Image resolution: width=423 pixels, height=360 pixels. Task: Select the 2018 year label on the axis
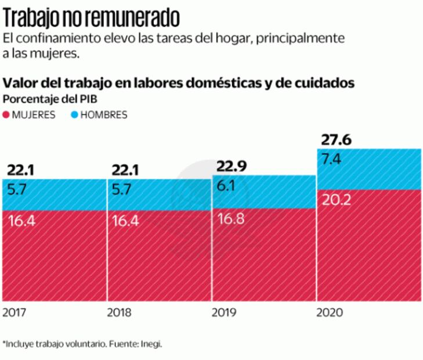click(119, 312)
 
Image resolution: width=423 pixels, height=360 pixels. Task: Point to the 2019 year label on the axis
click(224, 312)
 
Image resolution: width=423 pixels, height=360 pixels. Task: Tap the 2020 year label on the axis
click(329, 312)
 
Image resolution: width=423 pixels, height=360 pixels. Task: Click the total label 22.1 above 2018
click(124, 171)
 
